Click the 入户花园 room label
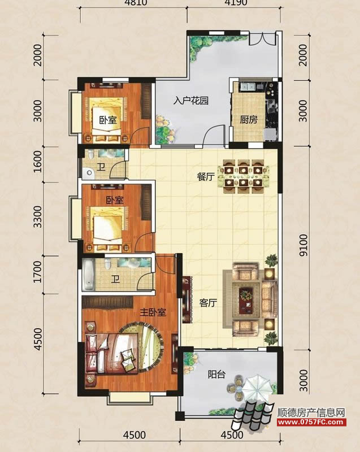pos(191,101)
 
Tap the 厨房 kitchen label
pos(249,119)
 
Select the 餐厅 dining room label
pos(206,176)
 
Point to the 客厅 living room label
pos(208,303)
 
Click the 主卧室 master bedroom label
pos(153,312)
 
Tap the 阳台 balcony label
pos(216,374)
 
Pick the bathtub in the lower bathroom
pos(89,275)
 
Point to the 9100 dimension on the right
pos(303,245)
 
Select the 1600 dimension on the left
pos(38,162)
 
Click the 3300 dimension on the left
pos(38,217)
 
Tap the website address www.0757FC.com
pos(311,422)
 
